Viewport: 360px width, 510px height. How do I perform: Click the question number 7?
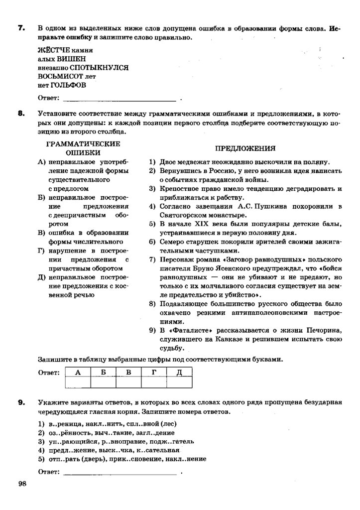tap(20, 28)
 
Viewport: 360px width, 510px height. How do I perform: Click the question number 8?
tap(20, 114)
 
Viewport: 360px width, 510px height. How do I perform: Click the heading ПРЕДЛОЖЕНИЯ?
tap(245, 148)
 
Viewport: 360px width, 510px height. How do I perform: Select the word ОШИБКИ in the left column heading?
tap(83, 152)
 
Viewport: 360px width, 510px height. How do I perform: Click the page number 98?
tap(23, 483)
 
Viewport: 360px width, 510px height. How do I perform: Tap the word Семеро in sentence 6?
tap(172, 242)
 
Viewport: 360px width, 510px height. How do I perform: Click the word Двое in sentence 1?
tap(169, 162)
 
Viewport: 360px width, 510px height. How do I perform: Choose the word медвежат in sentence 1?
tap(197, 162)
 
